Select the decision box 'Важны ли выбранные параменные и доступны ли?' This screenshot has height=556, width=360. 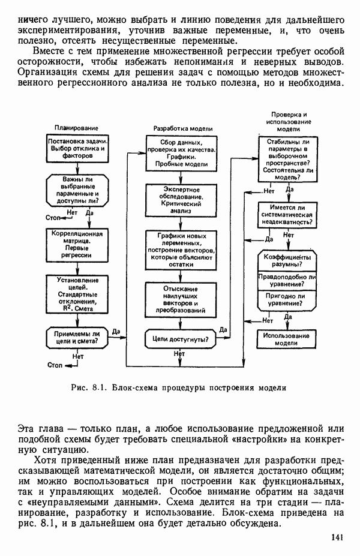point(77,190)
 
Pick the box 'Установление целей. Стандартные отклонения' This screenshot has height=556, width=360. point(77,293)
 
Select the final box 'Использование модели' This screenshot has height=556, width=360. point(287,339)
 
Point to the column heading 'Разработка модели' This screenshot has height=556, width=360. point(179,128)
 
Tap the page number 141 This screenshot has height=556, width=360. point(337,537)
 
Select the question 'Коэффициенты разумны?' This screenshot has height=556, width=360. point(287,260)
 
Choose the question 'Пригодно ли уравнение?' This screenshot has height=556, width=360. point(287,299)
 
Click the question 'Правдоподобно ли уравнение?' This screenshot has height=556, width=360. point(287,280)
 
